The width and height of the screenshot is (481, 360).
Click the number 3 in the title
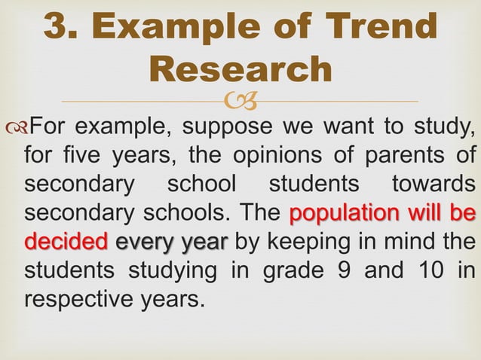point(58,27)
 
